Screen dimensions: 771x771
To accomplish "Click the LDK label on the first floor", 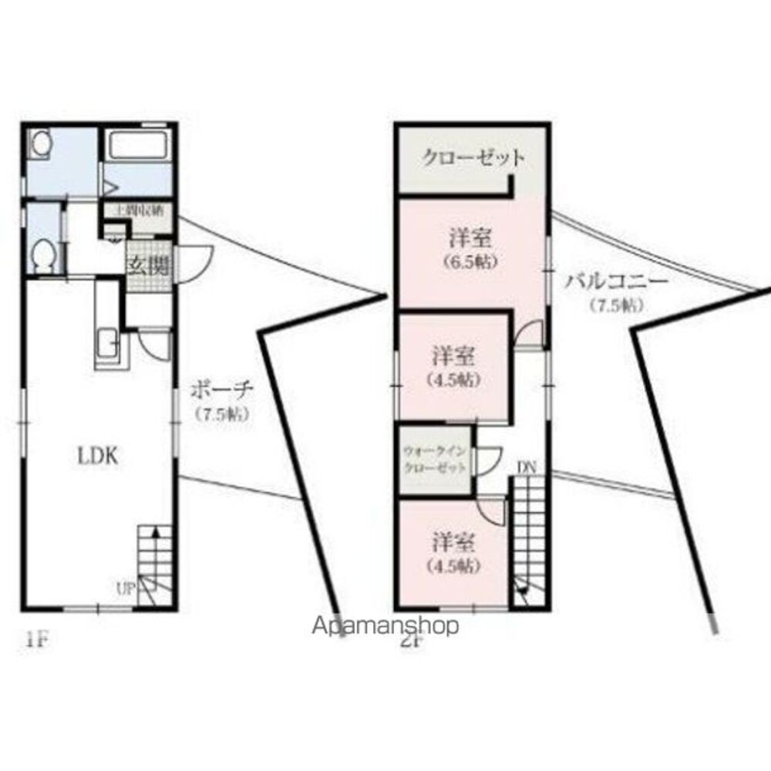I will [x=96, y=456].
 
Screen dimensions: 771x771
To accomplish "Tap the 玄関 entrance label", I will [x=147, y=266].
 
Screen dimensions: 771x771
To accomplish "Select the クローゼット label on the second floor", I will [x=473, y=158].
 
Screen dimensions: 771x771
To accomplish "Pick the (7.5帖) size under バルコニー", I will [x=617, y=305].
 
